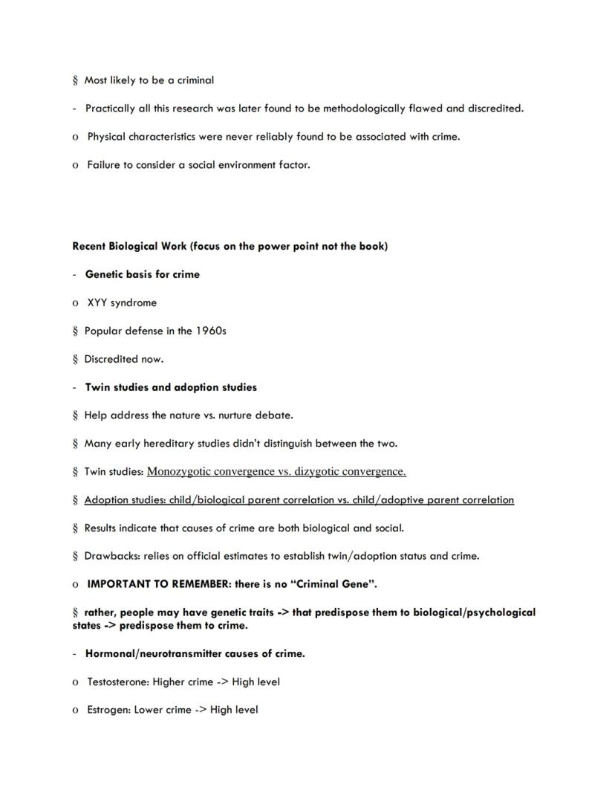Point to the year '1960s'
211,331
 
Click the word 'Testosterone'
118,682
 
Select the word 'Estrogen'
109,710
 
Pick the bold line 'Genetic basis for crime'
143,274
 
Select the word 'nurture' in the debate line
215,415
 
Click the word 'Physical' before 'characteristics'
106,137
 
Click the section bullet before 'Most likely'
76,80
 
